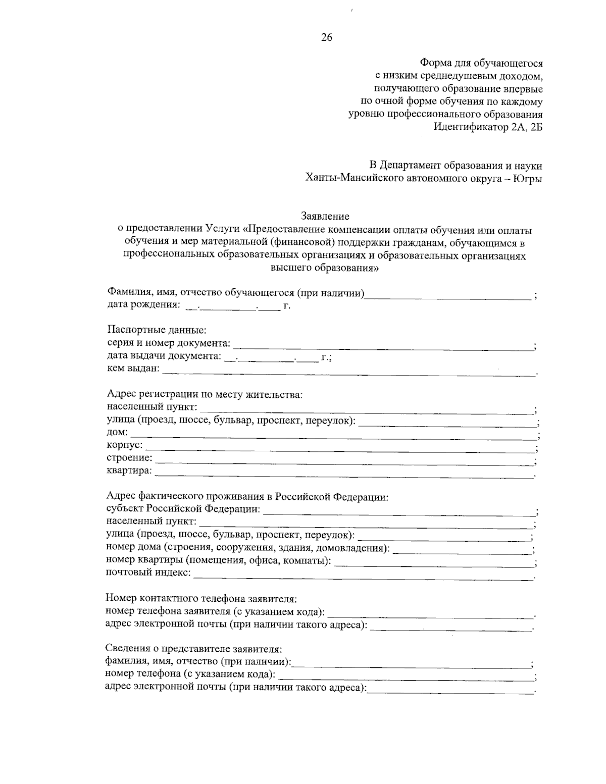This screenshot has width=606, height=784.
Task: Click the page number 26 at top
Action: pos(326,37)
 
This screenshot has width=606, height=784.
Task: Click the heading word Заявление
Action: pos(325,217)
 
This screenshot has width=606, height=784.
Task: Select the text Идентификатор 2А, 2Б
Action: pos(488,127)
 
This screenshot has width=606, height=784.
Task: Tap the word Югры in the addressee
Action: pos(527,178)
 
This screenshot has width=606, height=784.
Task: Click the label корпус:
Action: pos(125,445)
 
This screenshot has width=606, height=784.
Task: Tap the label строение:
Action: pos(129,458)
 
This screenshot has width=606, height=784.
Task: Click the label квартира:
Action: pos(129,471)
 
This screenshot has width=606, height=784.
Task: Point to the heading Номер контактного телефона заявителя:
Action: pos(201,599)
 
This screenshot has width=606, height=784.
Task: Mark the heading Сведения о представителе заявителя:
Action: pos(193,648)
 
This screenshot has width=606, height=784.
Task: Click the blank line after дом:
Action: pos(333,435)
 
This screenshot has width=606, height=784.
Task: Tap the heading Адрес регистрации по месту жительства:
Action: pos(205,394)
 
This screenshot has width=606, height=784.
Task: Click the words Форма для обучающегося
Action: pos(481,63)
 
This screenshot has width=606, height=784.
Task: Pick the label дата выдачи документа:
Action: pos(164,356)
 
